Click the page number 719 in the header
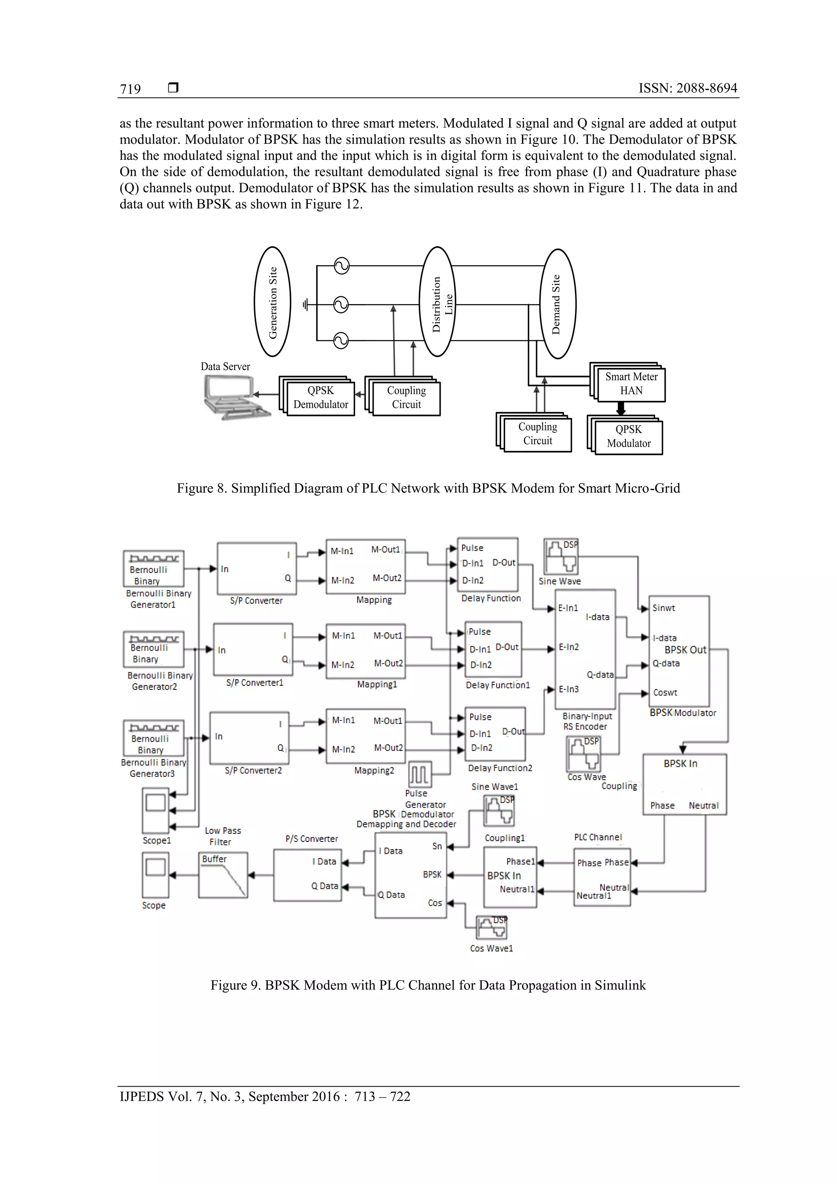click(130, 89)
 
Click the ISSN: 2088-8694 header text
click(687, 88)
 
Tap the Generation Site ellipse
click(272, 302)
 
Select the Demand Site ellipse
click(557, 304)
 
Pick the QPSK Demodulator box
click(320, 398)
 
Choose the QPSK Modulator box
click(628, 436)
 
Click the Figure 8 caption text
click(428, 488)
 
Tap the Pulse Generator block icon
click(420, 774)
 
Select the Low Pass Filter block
click(223, 875)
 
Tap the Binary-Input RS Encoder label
click(587, 721)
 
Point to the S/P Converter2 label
click(253, 770)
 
